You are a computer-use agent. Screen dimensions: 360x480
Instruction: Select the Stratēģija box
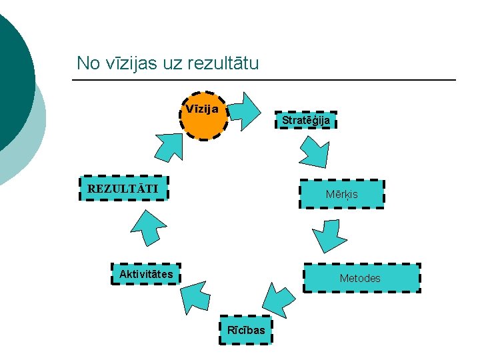click(306, 120)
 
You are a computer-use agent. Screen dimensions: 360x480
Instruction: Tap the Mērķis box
click(342, 195)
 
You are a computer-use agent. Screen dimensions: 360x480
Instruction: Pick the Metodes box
click(362, 278)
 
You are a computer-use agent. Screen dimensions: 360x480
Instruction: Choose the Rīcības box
click(246, 329)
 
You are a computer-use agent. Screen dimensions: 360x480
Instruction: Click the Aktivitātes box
click(146, 274)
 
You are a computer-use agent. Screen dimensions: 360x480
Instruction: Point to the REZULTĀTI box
click(123, 188)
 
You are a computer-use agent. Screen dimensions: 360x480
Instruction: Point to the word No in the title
click(87, 63)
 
